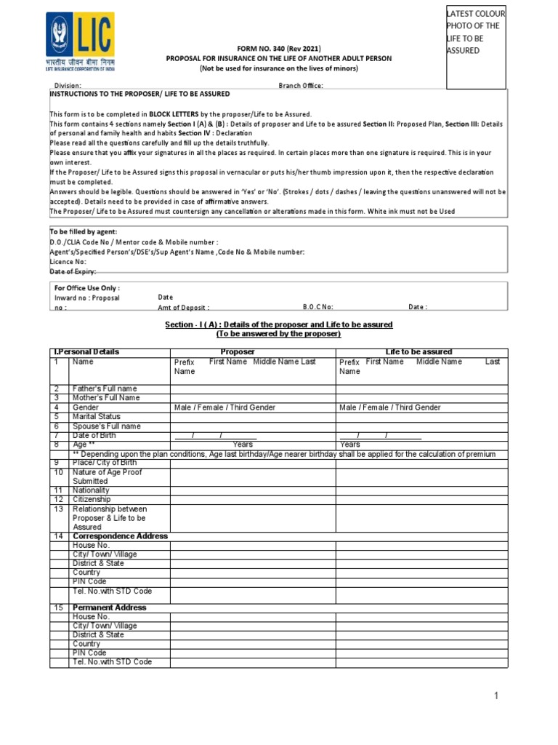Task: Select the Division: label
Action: (x=78, y=86)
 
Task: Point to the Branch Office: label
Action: (x=301, y=86)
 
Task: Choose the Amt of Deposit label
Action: (x=183, y=307)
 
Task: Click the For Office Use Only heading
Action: (x=86, y=288)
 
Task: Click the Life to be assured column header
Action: (x=418, y=352)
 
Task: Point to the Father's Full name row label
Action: (x=105, y=389)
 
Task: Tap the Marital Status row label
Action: (x=97, y=417)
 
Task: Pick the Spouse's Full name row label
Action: (x=107, y=426)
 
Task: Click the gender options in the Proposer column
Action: (x=225, y=407)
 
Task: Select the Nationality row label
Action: (x=92, y=490)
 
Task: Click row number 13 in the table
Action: (x=58, y=509)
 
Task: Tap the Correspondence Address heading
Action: (x=120, y=536)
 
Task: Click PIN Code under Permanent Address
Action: (x=89, y=653)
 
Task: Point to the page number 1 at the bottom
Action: (x=496, y=696)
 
